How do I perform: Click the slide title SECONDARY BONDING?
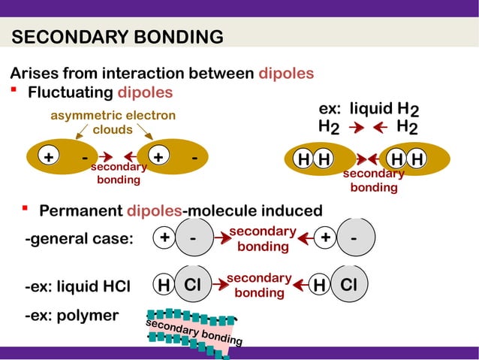pyautogui.click(x=118, y=38)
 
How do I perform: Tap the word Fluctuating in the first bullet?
pyautogui.click(x=70, y=92)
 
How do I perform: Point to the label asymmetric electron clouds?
pyautogui.click(x=113, y=122)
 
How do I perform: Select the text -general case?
pyautogui.click(x=79, y=239)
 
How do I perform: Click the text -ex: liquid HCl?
pyautogui.click(x=77, y=286)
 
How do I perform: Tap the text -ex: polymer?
pyautogui.click(x=71, y=316)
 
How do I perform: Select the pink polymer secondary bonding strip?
pyautogui.click(x=193, y=331)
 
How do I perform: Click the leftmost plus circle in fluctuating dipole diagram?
pyautogui.click(x=48, y=158)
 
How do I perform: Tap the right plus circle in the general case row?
pyautogui.click(x=325, y=237)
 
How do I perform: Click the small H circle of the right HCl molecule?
pyautogui.click(x=319, y=286)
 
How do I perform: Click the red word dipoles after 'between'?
pyautogui.click(x=286, y=74)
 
